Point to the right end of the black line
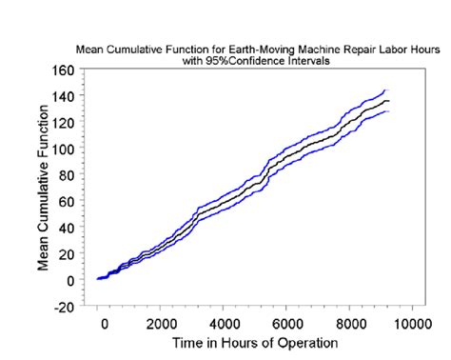pos(388,101)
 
